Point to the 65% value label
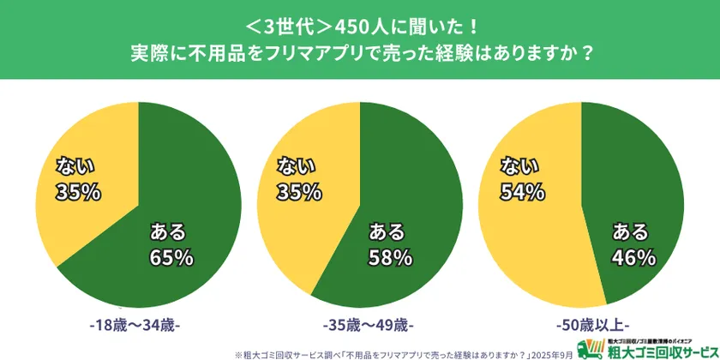click(172, 256)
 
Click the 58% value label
click(392, 256)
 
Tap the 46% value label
click(634, 256)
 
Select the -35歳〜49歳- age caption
click(360, 326)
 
